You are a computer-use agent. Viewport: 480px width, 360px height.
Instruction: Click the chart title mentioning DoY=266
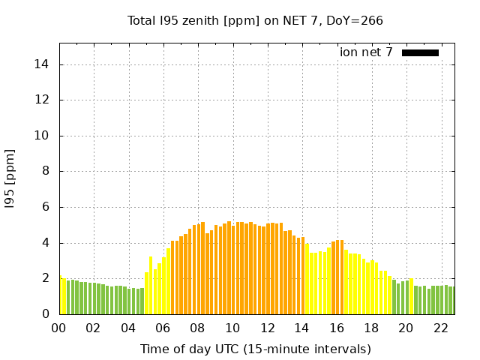point(255,20)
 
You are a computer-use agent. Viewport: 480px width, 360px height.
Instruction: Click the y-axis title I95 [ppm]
point(10,178)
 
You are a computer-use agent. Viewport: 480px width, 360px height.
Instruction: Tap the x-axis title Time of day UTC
point(255,349)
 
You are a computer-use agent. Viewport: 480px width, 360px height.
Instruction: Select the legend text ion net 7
point(366,52)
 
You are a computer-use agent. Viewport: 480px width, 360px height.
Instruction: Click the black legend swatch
point(420,52)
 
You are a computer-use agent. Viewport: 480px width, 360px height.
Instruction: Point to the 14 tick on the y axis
point(43,64)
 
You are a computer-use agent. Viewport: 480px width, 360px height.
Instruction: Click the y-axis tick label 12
point(43,100)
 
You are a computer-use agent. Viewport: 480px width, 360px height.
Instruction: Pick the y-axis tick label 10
point(43,136)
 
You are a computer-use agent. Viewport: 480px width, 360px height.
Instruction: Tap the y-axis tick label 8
point(46,171)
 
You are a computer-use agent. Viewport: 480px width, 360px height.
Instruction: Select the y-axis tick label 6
point(46,207)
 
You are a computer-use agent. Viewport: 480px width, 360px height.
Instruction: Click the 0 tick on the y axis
point(46,314)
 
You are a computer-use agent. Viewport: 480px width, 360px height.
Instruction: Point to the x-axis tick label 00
point(58,328)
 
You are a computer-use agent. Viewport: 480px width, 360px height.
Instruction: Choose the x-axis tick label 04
point(128,328)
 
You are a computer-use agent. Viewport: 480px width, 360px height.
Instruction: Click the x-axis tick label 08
point(197,328)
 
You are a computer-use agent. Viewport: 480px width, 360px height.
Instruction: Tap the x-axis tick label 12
point(267,328)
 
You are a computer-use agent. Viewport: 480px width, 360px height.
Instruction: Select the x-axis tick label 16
point(337,328)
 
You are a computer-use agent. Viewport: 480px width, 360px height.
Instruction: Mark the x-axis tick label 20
point(406,328)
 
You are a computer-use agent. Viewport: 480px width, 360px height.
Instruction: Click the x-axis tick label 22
point(441,328)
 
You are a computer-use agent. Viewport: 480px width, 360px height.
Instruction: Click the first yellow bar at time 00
point(61,296)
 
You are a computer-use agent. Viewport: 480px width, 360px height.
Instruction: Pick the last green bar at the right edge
point(451,301)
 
